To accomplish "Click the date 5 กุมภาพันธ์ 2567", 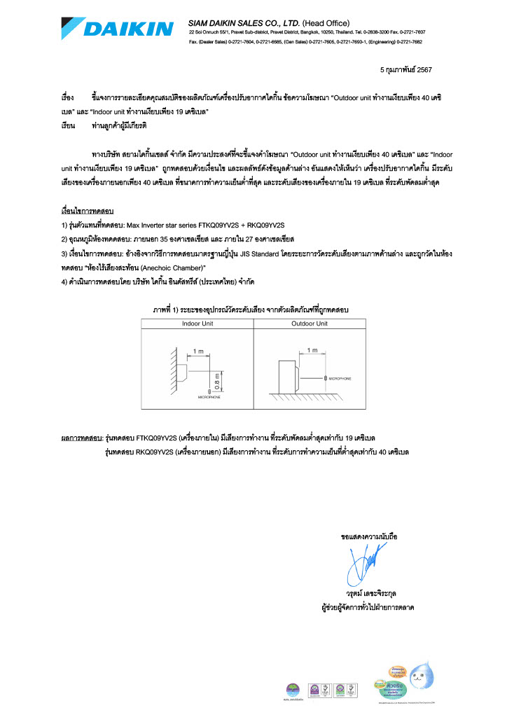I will [x=405, y=70].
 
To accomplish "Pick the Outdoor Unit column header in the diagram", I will [x=309, y=323].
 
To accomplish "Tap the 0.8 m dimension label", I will [x=217, y=381].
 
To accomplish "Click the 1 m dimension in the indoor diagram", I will [x=198, y=350].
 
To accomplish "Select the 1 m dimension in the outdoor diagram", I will [x=312, y=349].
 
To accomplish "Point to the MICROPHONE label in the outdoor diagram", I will [x=340, y=378].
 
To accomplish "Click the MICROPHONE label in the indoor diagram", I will [x=208, y=396].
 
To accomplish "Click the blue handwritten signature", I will [x=366, y=563].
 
